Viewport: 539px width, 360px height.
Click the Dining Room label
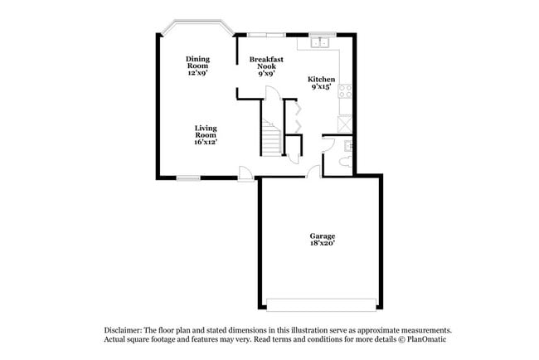(x=197, y=62)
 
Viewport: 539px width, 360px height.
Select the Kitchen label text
(x=322, y=79)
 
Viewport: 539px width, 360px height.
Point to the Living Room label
(x=206, y=132)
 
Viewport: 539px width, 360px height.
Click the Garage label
(x=322, y=236)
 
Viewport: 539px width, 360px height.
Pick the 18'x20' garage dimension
(x=322, y=244)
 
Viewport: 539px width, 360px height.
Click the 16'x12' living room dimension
(x=206, y=142)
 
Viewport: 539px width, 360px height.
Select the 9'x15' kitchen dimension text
(x=322, y=86)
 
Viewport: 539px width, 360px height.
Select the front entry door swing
(x=246, y=173)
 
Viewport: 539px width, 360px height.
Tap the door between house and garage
(x=313, y=172)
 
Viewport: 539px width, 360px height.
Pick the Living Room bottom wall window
(x=188, y=177)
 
